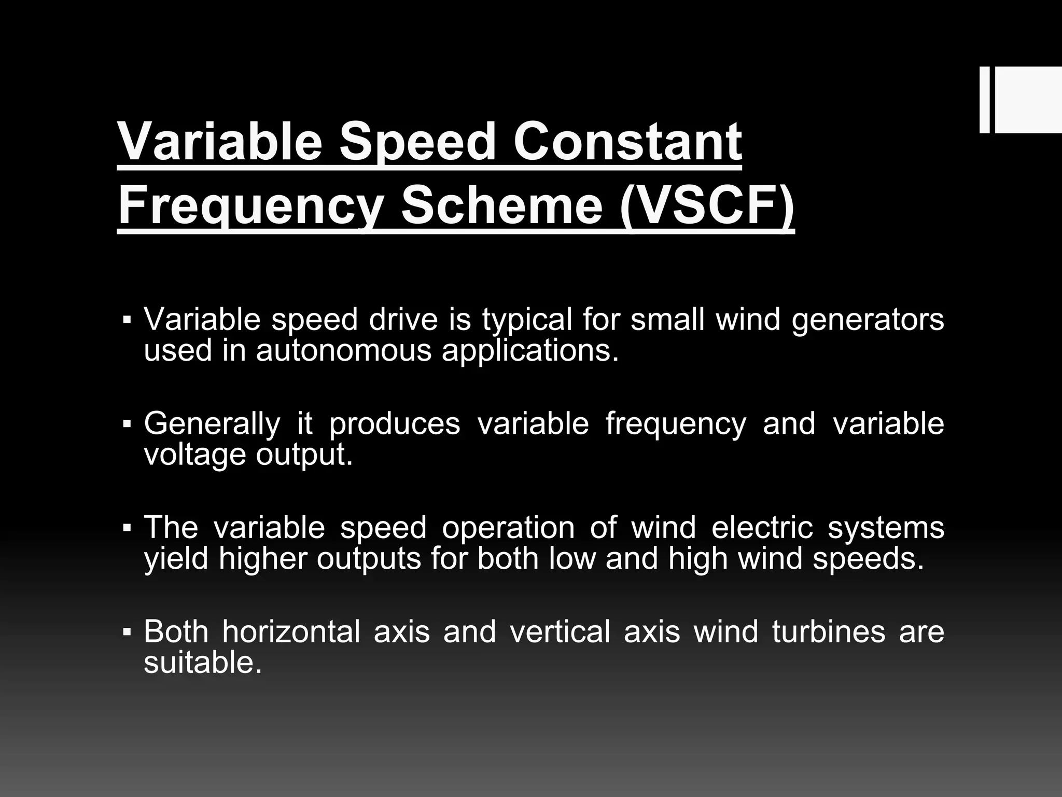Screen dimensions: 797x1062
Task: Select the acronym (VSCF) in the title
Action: click(x=707, y=207)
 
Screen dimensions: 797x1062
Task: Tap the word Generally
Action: click(x=212, y=424)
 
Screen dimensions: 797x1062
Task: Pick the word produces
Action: click(x=395, y=424)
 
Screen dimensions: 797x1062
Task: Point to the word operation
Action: click(x=508, y=528)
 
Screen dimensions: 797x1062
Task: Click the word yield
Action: click(x=176, y=559)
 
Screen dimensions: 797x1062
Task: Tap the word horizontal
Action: click(x=291, y=632)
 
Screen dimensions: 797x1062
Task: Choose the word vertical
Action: click(x=560, y=632)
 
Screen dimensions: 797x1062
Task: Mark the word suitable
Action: click(x=202, y=663)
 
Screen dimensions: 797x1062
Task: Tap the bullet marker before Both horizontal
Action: click(x=127, y=633)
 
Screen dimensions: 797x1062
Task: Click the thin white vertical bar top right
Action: click(x=984, y=100)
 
